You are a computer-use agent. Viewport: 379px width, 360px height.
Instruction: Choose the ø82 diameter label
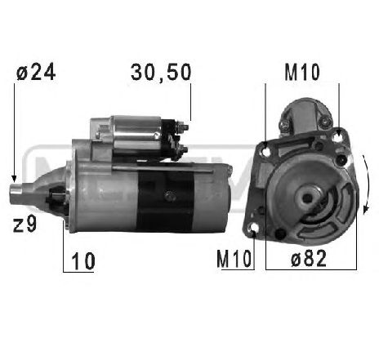tap(310, 260)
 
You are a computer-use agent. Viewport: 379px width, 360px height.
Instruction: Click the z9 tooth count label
tap(25, 222)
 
